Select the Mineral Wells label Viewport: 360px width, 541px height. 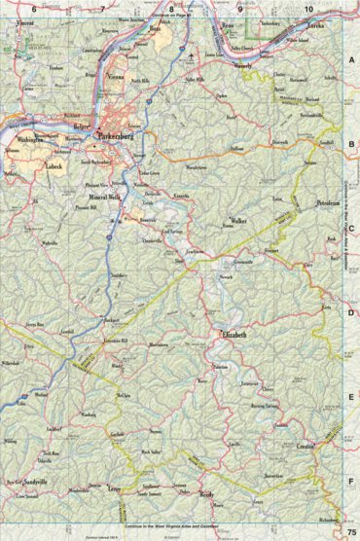(97, 197)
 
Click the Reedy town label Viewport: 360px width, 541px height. (205, 496)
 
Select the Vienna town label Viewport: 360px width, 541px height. (116, 76)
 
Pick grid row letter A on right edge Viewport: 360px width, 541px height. (351, 58)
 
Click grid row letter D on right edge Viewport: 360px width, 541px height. (351, 313)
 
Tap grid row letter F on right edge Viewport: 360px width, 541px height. (351, 482)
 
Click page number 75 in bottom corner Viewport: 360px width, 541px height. (349, 531)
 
